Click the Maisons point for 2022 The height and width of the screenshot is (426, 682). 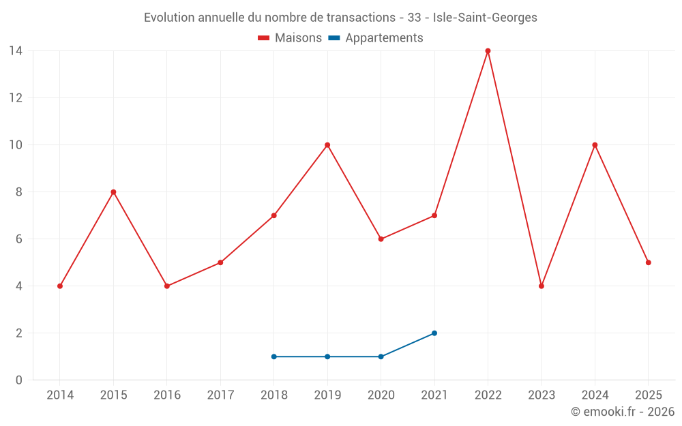coord(488,51)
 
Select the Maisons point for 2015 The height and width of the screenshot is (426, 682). coord(113,192)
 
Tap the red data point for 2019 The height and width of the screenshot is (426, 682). coord(327,145)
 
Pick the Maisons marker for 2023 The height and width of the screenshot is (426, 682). coord(542,286)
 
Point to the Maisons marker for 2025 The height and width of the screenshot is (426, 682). coord(648,262)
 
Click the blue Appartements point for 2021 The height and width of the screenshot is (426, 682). coord(434,333)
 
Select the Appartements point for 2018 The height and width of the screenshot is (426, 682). coord(274,356)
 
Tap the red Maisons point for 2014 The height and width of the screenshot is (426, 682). coord(60,286)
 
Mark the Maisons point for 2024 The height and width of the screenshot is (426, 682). coord(595,145)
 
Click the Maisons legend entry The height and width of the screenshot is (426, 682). coord(290,38)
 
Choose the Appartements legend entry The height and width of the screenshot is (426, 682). coord(376,38)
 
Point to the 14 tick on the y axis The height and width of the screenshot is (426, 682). coord(16,51)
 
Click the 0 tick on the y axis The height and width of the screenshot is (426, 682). coord(19,380)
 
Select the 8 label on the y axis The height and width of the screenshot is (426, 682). coord(19,192)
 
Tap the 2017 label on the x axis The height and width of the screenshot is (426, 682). coord(220,395)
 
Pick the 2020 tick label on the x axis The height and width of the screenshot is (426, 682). coord(381,395)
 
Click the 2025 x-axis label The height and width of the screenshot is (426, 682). coord(648,395)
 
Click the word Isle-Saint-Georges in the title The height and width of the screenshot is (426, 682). coord(485,18)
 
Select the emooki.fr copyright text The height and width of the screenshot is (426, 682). coord(622,412)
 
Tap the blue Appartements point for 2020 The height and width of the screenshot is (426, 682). coord(381,356)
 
